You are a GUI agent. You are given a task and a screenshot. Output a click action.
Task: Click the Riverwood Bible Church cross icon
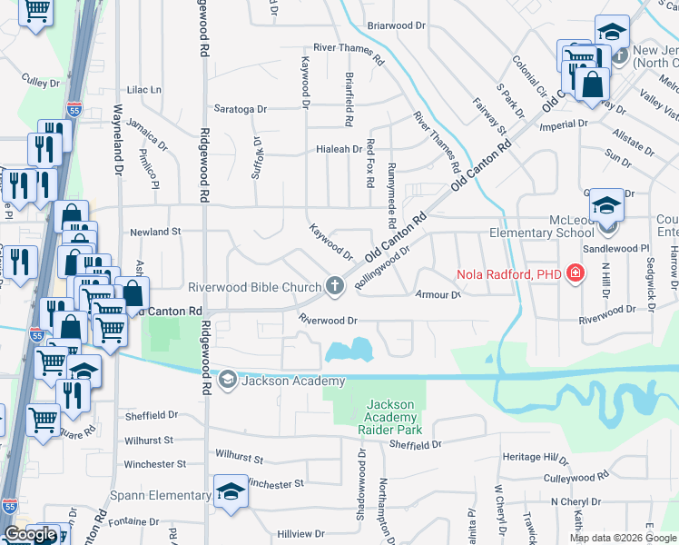tap(335, 287)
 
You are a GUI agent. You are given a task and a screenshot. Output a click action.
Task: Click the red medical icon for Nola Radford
tap(574, 273)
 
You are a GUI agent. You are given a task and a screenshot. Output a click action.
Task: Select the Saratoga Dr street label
tap(240, 109)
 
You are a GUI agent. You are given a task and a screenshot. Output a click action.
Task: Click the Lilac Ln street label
tap(143, 90)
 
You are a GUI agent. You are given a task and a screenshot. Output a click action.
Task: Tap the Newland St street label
tap(150, 233)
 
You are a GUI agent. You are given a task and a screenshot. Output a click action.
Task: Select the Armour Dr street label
tap(438, 294)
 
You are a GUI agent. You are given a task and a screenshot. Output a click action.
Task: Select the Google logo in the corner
tap(30, 534)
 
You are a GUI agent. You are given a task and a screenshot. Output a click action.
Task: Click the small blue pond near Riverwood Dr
tap(349, 349)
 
